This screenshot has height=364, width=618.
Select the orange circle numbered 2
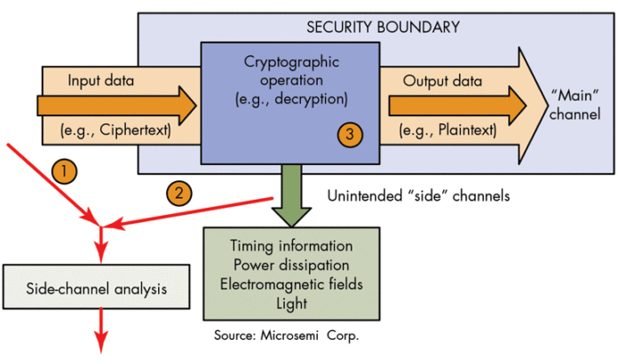tap(177, 191)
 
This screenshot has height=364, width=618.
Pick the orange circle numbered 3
tap(352, 136)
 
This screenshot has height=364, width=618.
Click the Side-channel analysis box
tap(96, 289)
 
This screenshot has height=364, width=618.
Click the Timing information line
tap(290, 246)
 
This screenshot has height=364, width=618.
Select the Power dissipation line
tap(290, 265)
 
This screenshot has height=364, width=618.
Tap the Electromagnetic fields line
tap(290, 284)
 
